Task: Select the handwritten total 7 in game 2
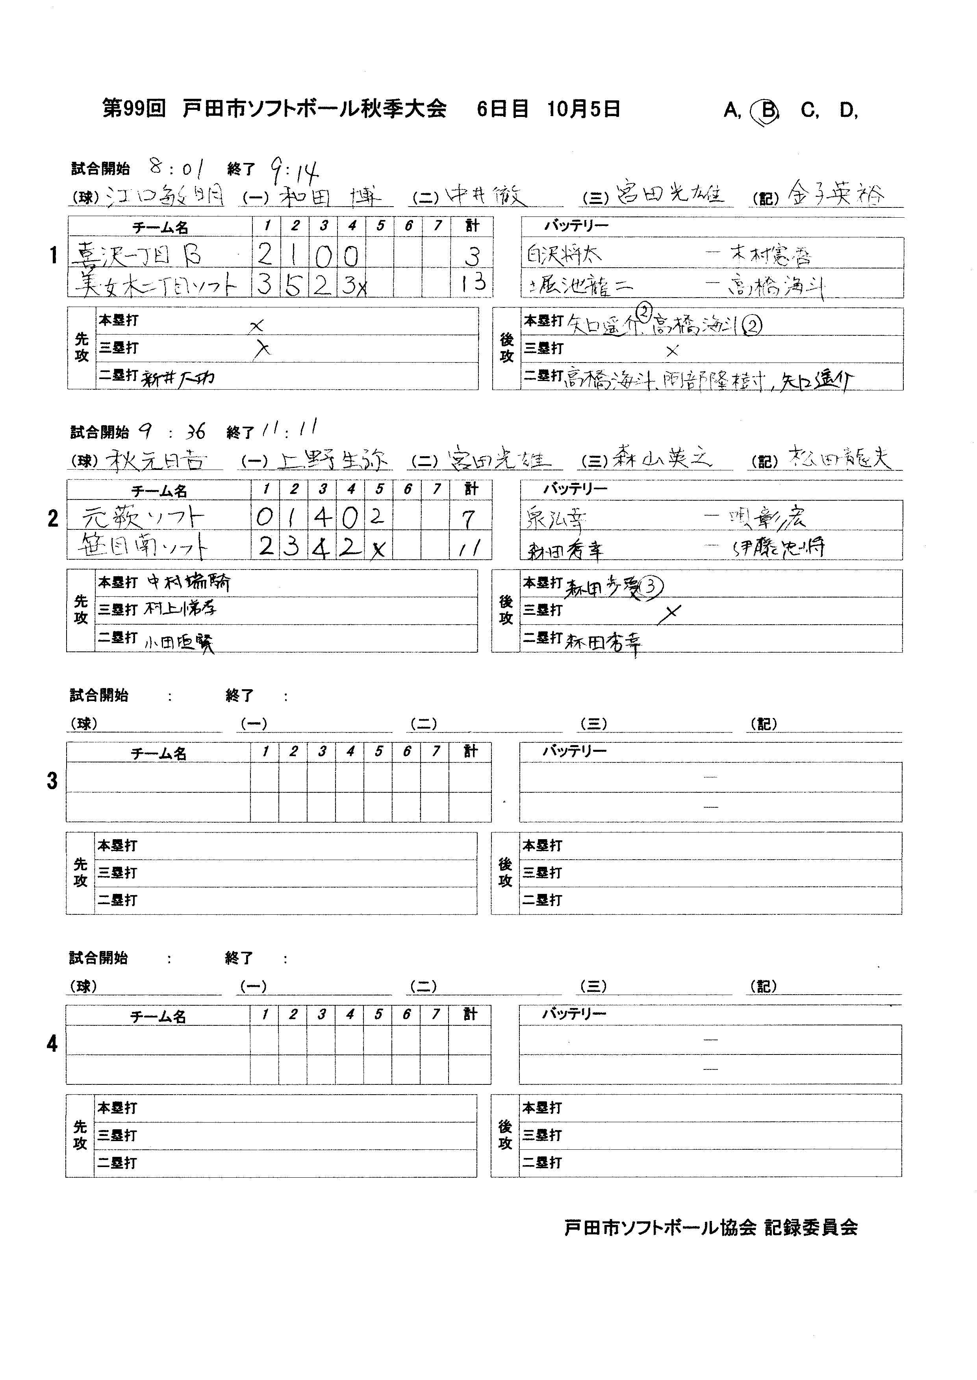[x=468, y=518]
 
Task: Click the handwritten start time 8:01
[x=176, y=167]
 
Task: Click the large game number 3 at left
[x=52, y=781]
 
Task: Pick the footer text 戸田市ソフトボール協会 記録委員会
[x=710, y=1227]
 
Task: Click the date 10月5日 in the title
[x=584, y=109]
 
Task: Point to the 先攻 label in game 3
[x=81, y=873]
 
